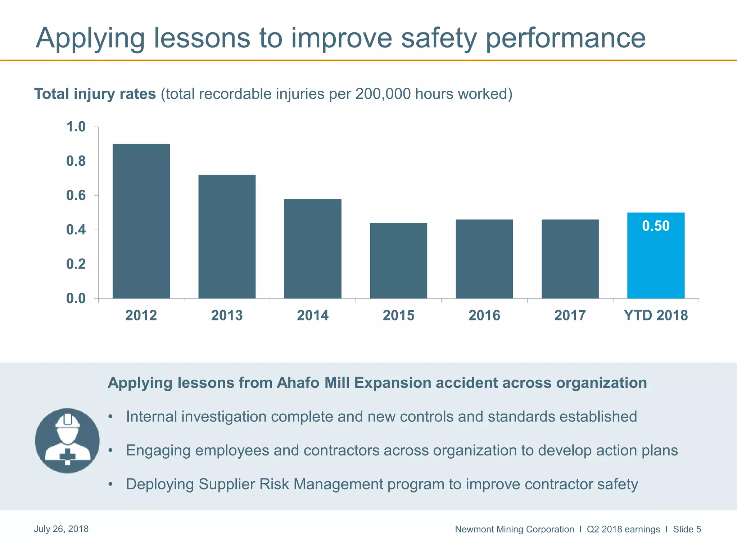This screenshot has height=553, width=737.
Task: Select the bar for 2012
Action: click(x=141, y=221)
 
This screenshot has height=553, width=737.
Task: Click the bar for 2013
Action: click(x=227, y=237)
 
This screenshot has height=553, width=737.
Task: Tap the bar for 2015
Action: click(x=398, y=261)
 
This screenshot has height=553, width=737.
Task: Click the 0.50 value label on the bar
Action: click(x=656, y=226)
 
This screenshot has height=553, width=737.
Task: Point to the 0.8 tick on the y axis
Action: click(x=76, y=161)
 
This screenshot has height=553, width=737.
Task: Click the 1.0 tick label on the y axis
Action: click(x=76, y=127)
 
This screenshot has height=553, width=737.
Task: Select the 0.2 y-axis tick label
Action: click(x=76, y=264)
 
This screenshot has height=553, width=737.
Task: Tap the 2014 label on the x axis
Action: click(x=312, y=315)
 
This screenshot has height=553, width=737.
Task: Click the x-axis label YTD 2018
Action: click(x=656, y=315)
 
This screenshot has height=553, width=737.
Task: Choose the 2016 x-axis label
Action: click(x=484, y=315)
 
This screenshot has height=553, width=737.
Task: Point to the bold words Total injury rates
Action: click(x=95, y=94)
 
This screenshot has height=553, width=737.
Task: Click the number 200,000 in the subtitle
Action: click(x=383, y=94)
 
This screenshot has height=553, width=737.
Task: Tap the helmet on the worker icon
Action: click(x=68, y=420)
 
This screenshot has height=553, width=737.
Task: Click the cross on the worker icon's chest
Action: click(x=68, y=456)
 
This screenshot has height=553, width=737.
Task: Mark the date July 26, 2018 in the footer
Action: click(x=61, y=529)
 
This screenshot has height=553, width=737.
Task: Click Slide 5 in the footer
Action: click(x=687, y=529)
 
